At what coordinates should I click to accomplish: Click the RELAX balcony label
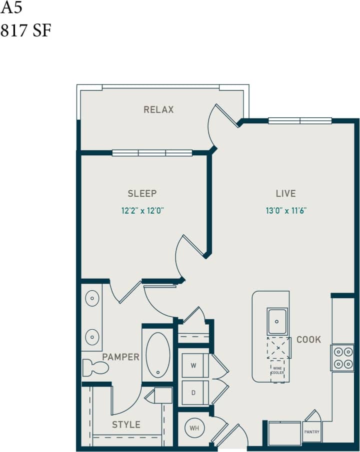coord(158,109)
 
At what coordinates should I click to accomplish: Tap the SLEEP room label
coord(142,193)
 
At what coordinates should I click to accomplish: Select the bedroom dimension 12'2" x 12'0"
coord(143,210)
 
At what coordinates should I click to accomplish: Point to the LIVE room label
coord(285,193)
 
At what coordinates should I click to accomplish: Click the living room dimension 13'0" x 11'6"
coord(286,210)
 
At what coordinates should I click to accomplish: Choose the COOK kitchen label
coord(308,340)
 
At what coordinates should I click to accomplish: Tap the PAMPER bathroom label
coord(120,357)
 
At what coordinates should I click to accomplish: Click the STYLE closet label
coord(126,425)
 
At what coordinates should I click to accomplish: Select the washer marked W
coord(192,365)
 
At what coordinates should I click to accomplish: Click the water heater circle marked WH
coord(193,428)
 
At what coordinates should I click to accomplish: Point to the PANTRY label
coord(311,432)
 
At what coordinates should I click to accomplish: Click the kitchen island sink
coord(277,321)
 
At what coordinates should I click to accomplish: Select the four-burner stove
coord(342,358)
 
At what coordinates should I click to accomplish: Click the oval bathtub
coord(158,354)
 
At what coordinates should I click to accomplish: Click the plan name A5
coord(11,8)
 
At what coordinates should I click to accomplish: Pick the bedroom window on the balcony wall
coord(152,153)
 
